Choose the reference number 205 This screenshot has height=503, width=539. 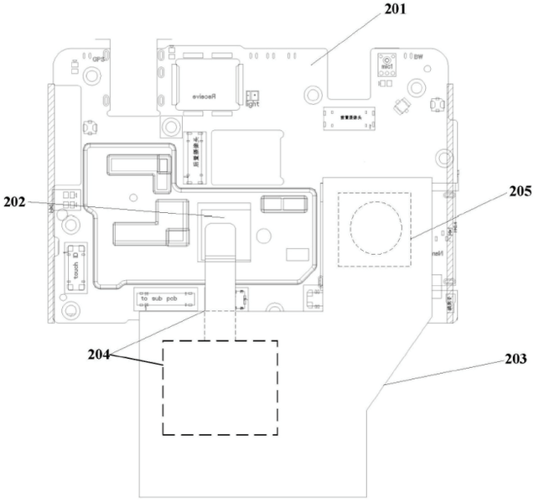point(519,191)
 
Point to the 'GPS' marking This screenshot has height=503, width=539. point(99,59)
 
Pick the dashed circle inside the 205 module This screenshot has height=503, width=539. point(376,226)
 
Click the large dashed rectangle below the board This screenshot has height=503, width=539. point(220,387)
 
